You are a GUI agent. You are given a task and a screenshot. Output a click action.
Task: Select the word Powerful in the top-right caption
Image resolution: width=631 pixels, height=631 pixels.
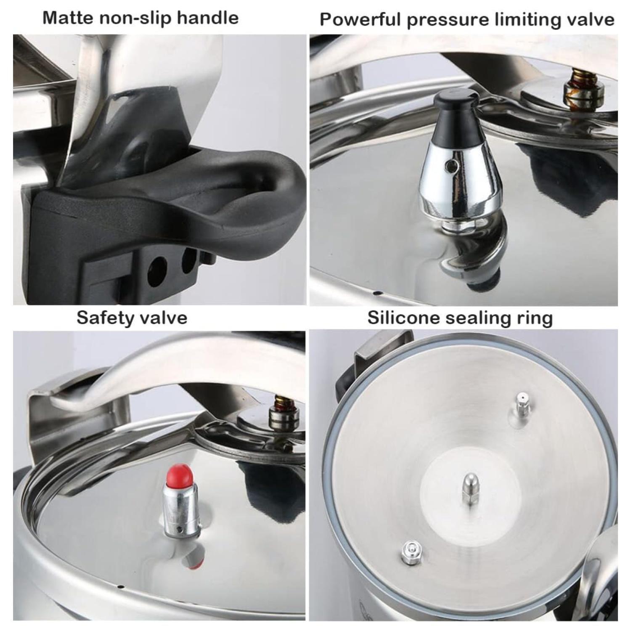pyautogui.click(x=360, y=20)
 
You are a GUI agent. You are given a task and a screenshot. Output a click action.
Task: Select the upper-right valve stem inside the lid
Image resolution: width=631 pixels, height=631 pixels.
pyautogui.click(x=522, y=406)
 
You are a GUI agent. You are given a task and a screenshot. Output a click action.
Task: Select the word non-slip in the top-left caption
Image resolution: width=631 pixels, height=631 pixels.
pyautogui.click(x=139, y=18)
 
